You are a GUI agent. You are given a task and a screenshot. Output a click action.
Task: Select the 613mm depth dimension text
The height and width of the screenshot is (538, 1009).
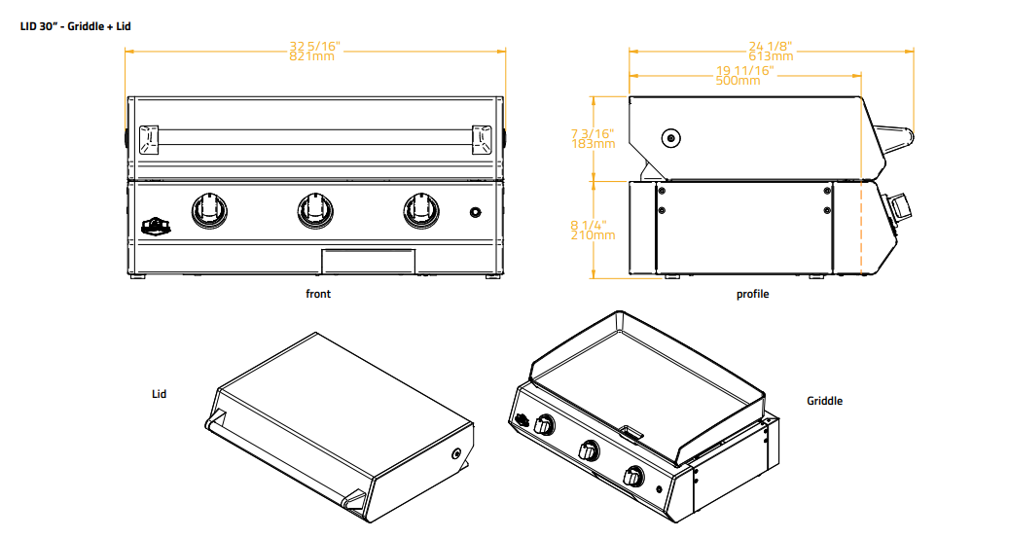(x=771, y=56)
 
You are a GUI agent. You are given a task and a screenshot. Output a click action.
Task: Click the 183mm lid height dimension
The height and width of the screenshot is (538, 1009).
(x=593, y=144)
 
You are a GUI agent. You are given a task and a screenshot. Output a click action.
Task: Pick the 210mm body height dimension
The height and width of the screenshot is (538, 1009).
(x=593, y=234)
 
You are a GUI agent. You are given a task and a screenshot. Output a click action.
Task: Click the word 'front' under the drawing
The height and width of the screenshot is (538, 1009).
(x=318, y=294)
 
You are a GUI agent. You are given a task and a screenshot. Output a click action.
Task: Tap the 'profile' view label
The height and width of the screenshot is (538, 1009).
(x=752, y=294)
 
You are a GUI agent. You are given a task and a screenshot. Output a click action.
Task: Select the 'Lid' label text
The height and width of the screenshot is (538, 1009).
(x=159, y=394)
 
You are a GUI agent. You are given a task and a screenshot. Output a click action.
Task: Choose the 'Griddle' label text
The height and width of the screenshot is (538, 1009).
(x=824, y=401)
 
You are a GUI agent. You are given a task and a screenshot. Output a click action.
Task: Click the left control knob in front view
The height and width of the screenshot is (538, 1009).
(x=208, y=210)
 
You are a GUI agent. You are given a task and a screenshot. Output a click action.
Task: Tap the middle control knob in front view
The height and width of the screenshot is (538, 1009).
(x=314, y=210)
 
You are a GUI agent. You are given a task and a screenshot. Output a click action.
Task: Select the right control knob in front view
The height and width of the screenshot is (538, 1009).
(x=421, y=210)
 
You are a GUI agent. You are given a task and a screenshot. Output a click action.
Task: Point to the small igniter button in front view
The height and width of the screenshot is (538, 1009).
(x=475, y=213)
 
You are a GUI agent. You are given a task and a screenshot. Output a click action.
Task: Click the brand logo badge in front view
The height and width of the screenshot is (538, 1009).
(x=155, y=226)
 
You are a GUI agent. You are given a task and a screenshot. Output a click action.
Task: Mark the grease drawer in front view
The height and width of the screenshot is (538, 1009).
(x=369, y=260)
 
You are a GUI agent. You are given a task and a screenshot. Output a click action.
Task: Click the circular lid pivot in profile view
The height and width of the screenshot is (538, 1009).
(x=669, y=139)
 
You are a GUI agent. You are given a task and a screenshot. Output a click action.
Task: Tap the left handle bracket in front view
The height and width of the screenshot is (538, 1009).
(x=148, y=139)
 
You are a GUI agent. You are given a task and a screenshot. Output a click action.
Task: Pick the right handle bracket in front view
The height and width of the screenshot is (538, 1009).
(x=483, y=139)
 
